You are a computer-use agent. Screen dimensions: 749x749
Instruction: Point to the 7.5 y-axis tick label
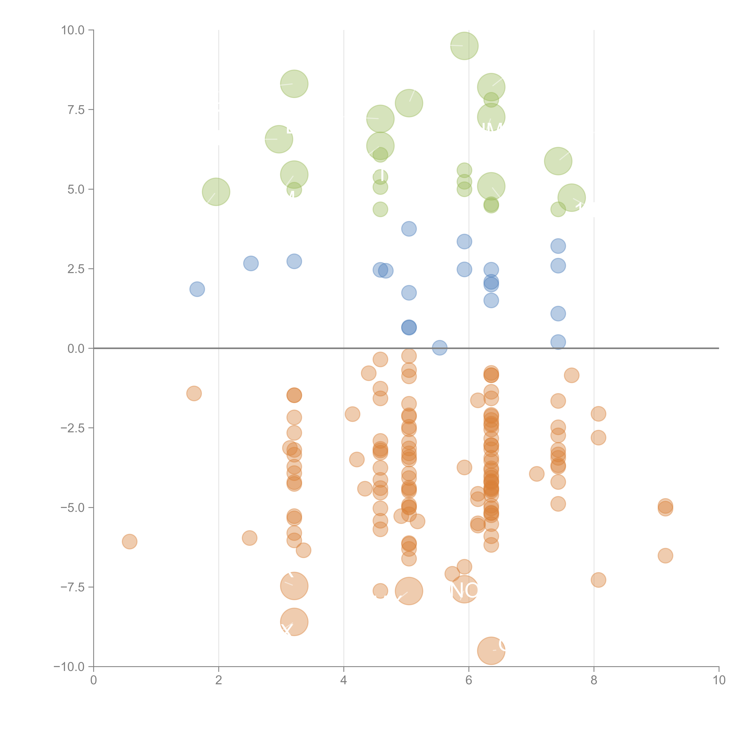coord(76,110)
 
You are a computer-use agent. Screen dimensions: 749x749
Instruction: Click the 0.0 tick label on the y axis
coord(76,349)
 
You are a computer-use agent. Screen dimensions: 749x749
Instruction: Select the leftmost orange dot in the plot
coord(129,542)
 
